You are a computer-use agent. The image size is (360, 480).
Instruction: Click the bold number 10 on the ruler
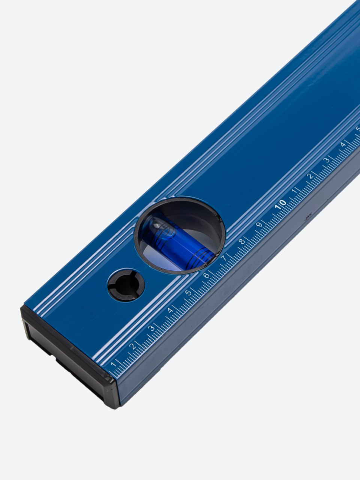tap(280, 204)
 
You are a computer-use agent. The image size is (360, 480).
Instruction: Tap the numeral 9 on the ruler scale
tap(259, 225)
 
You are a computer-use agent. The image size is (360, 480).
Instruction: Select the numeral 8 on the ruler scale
tap(242, 241)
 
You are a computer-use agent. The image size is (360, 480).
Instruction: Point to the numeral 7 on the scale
tap(224, 258)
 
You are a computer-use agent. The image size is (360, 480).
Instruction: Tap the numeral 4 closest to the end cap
tap(170, 310)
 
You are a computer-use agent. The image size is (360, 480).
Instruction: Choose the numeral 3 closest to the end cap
tap(151, 328)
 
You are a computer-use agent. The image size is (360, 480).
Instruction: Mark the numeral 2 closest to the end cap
tap(132, 346)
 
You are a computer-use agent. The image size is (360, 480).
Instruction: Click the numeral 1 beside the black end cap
tap(113, 364)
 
